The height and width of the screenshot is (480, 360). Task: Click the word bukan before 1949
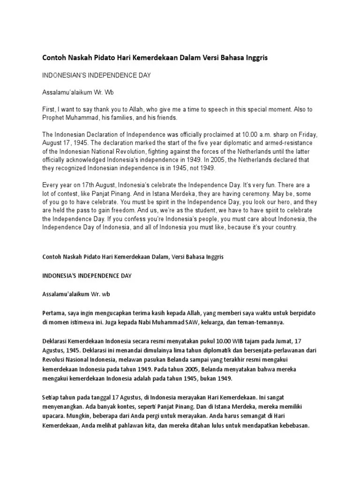(x=203, y=378)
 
